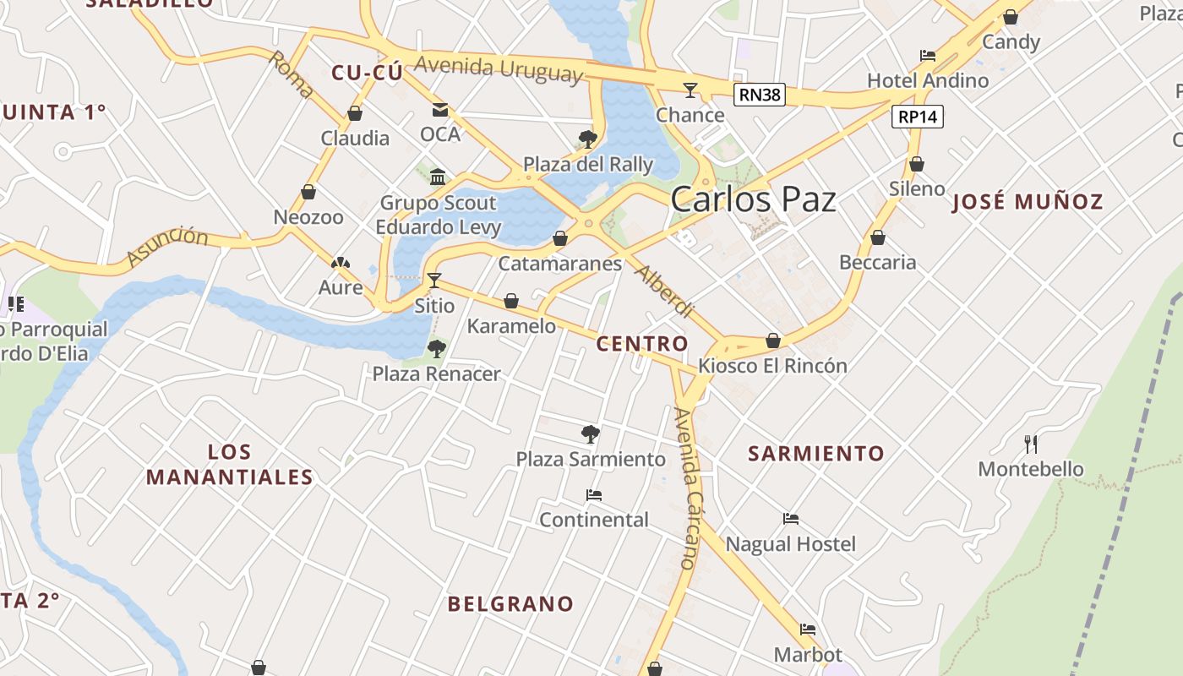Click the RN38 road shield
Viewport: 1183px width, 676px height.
[x=759, y=95]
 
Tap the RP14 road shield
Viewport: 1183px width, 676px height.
[x=918, y=117]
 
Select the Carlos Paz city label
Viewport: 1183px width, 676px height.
[x=753, y=200]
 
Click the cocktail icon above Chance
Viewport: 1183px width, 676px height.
[x=690, y=90]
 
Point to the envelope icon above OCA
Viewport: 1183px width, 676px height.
[x=440, y=109]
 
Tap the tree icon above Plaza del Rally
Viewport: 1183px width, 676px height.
[x=588, y=139]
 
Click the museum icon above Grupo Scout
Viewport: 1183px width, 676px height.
[x=438, y=177]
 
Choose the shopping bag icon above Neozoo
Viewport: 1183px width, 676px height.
[x=308, y=192]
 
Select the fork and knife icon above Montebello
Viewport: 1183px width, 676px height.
[x=1031, y=444]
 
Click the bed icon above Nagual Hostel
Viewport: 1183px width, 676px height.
[x=791, y=519]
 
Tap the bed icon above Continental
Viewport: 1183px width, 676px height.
[x=594, y=494]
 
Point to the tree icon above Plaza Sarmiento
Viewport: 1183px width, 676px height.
[x=591, y=434]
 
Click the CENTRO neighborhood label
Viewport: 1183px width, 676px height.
[x=642, y=344]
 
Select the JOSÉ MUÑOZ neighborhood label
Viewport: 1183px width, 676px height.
[x=1028, y=202]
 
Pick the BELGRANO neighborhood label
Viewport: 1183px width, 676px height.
[x=510, y=604]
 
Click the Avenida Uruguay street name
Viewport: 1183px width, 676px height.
[x=499, y=68]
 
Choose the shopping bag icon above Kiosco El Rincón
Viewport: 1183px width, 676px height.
[x=772, y=341]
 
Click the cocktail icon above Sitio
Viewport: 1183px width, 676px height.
[x=434, y=280]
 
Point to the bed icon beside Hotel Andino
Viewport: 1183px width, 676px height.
[x=928, y=56]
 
